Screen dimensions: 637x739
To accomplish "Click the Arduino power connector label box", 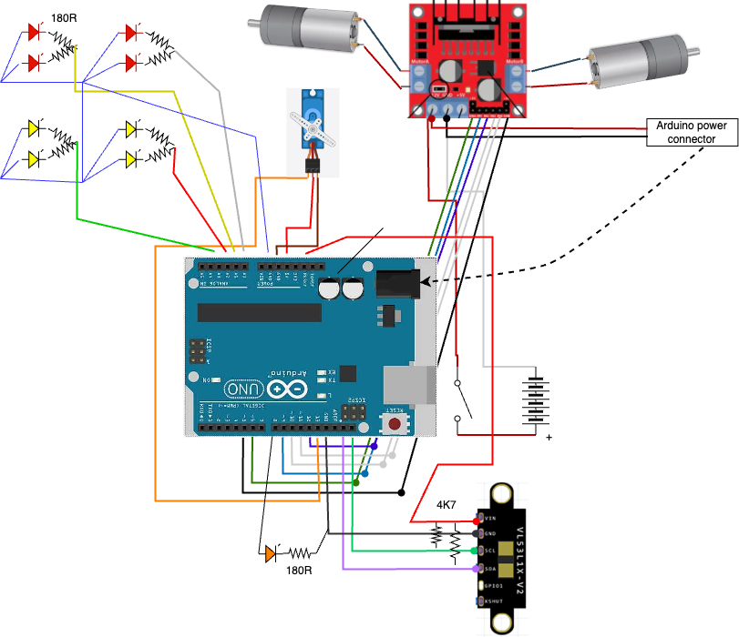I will coord(692,132).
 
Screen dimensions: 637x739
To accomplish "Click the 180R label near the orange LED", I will coord(298,571).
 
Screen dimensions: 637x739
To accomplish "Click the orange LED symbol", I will coord(272,552).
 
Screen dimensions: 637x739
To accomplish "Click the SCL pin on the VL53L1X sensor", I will coord(479,550).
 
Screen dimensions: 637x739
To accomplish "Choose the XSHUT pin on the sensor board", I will coord(479,602).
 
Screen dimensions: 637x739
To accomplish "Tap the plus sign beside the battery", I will coord(549,438).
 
